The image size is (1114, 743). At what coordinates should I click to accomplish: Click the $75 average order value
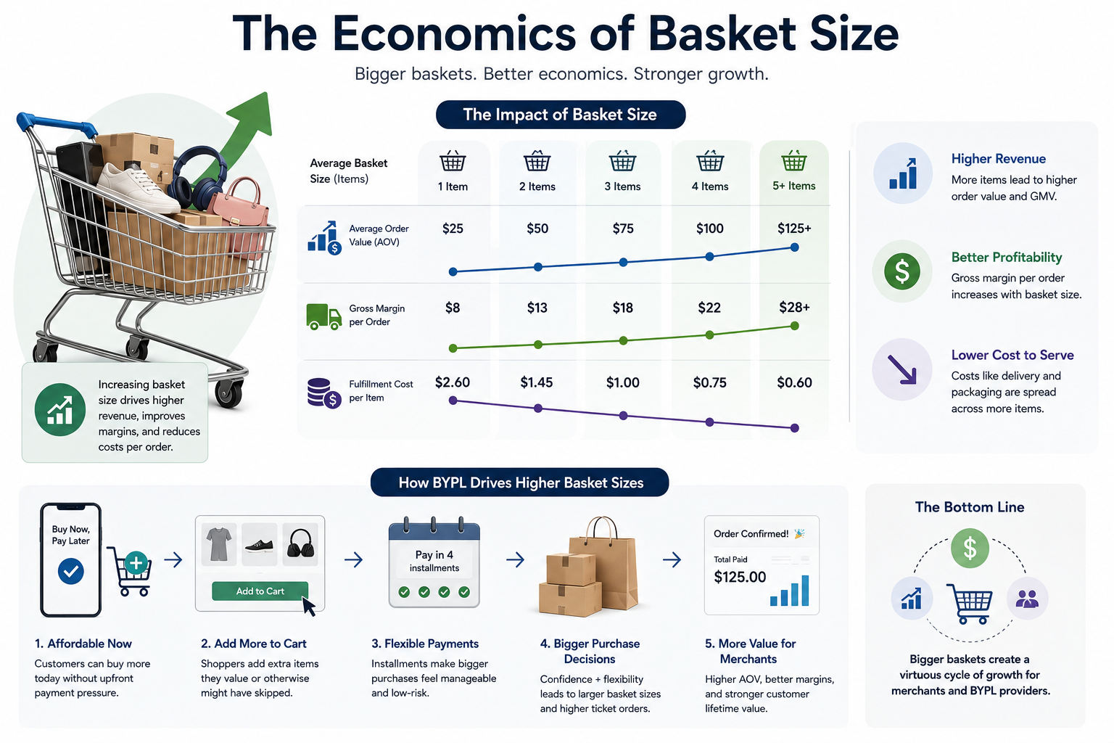coord(623,229)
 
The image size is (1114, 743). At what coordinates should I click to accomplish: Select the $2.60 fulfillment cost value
coord(452,382)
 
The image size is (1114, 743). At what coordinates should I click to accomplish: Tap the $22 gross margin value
coord(709,308)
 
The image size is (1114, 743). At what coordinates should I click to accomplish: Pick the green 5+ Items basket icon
coord(793,161)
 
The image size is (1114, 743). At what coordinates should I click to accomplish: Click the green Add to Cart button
coord(260,591)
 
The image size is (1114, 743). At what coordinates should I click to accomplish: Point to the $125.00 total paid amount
coord(740,578)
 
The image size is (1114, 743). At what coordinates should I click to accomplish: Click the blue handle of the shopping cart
coord(54,123)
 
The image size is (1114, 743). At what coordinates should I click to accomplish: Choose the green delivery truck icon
coord(323,317)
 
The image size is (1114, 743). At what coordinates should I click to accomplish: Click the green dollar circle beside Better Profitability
coord(901,271)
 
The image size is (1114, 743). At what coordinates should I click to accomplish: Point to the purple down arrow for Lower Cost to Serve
coord(901,369)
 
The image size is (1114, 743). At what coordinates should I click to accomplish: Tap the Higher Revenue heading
coord(998,159)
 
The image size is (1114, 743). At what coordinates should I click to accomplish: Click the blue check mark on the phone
coord(70,571)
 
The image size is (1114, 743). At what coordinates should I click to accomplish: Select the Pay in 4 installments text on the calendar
coord(434,561)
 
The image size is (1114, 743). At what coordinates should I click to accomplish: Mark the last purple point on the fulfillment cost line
coord(794,428)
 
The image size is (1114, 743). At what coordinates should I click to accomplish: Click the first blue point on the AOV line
coord(453,271)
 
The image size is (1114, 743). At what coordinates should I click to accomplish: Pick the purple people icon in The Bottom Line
coord(1027,598)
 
